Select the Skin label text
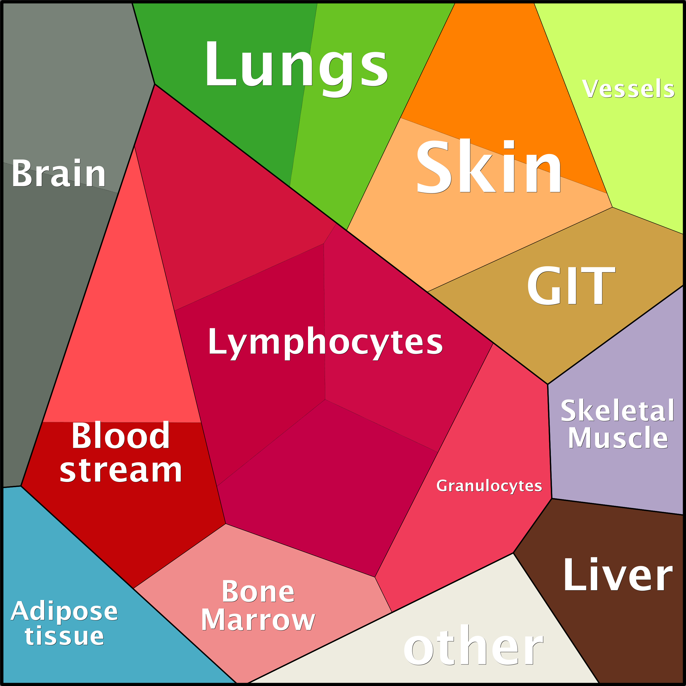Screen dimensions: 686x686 pyautogui.click(x=489, y=166)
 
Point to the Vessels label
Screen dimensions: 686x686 pyautogui.click(x=628, y=88)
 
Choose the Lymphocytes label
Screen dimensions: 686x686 pyautogui.click(x=325, y=342)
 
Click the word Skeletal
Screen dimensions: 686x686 pyautogui.click(x=617, y=411)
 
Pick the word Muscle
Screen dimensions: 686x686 pyautogui.click(x=618, y=438)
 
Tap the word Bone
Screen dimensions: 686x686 pyautogui.click(x=258, y=592)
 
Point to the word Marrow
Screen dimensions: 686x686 pyautogui.click(x=258, y=620)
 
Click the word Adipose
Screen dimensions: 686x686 pyautogui.click(x=64, y=611)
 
